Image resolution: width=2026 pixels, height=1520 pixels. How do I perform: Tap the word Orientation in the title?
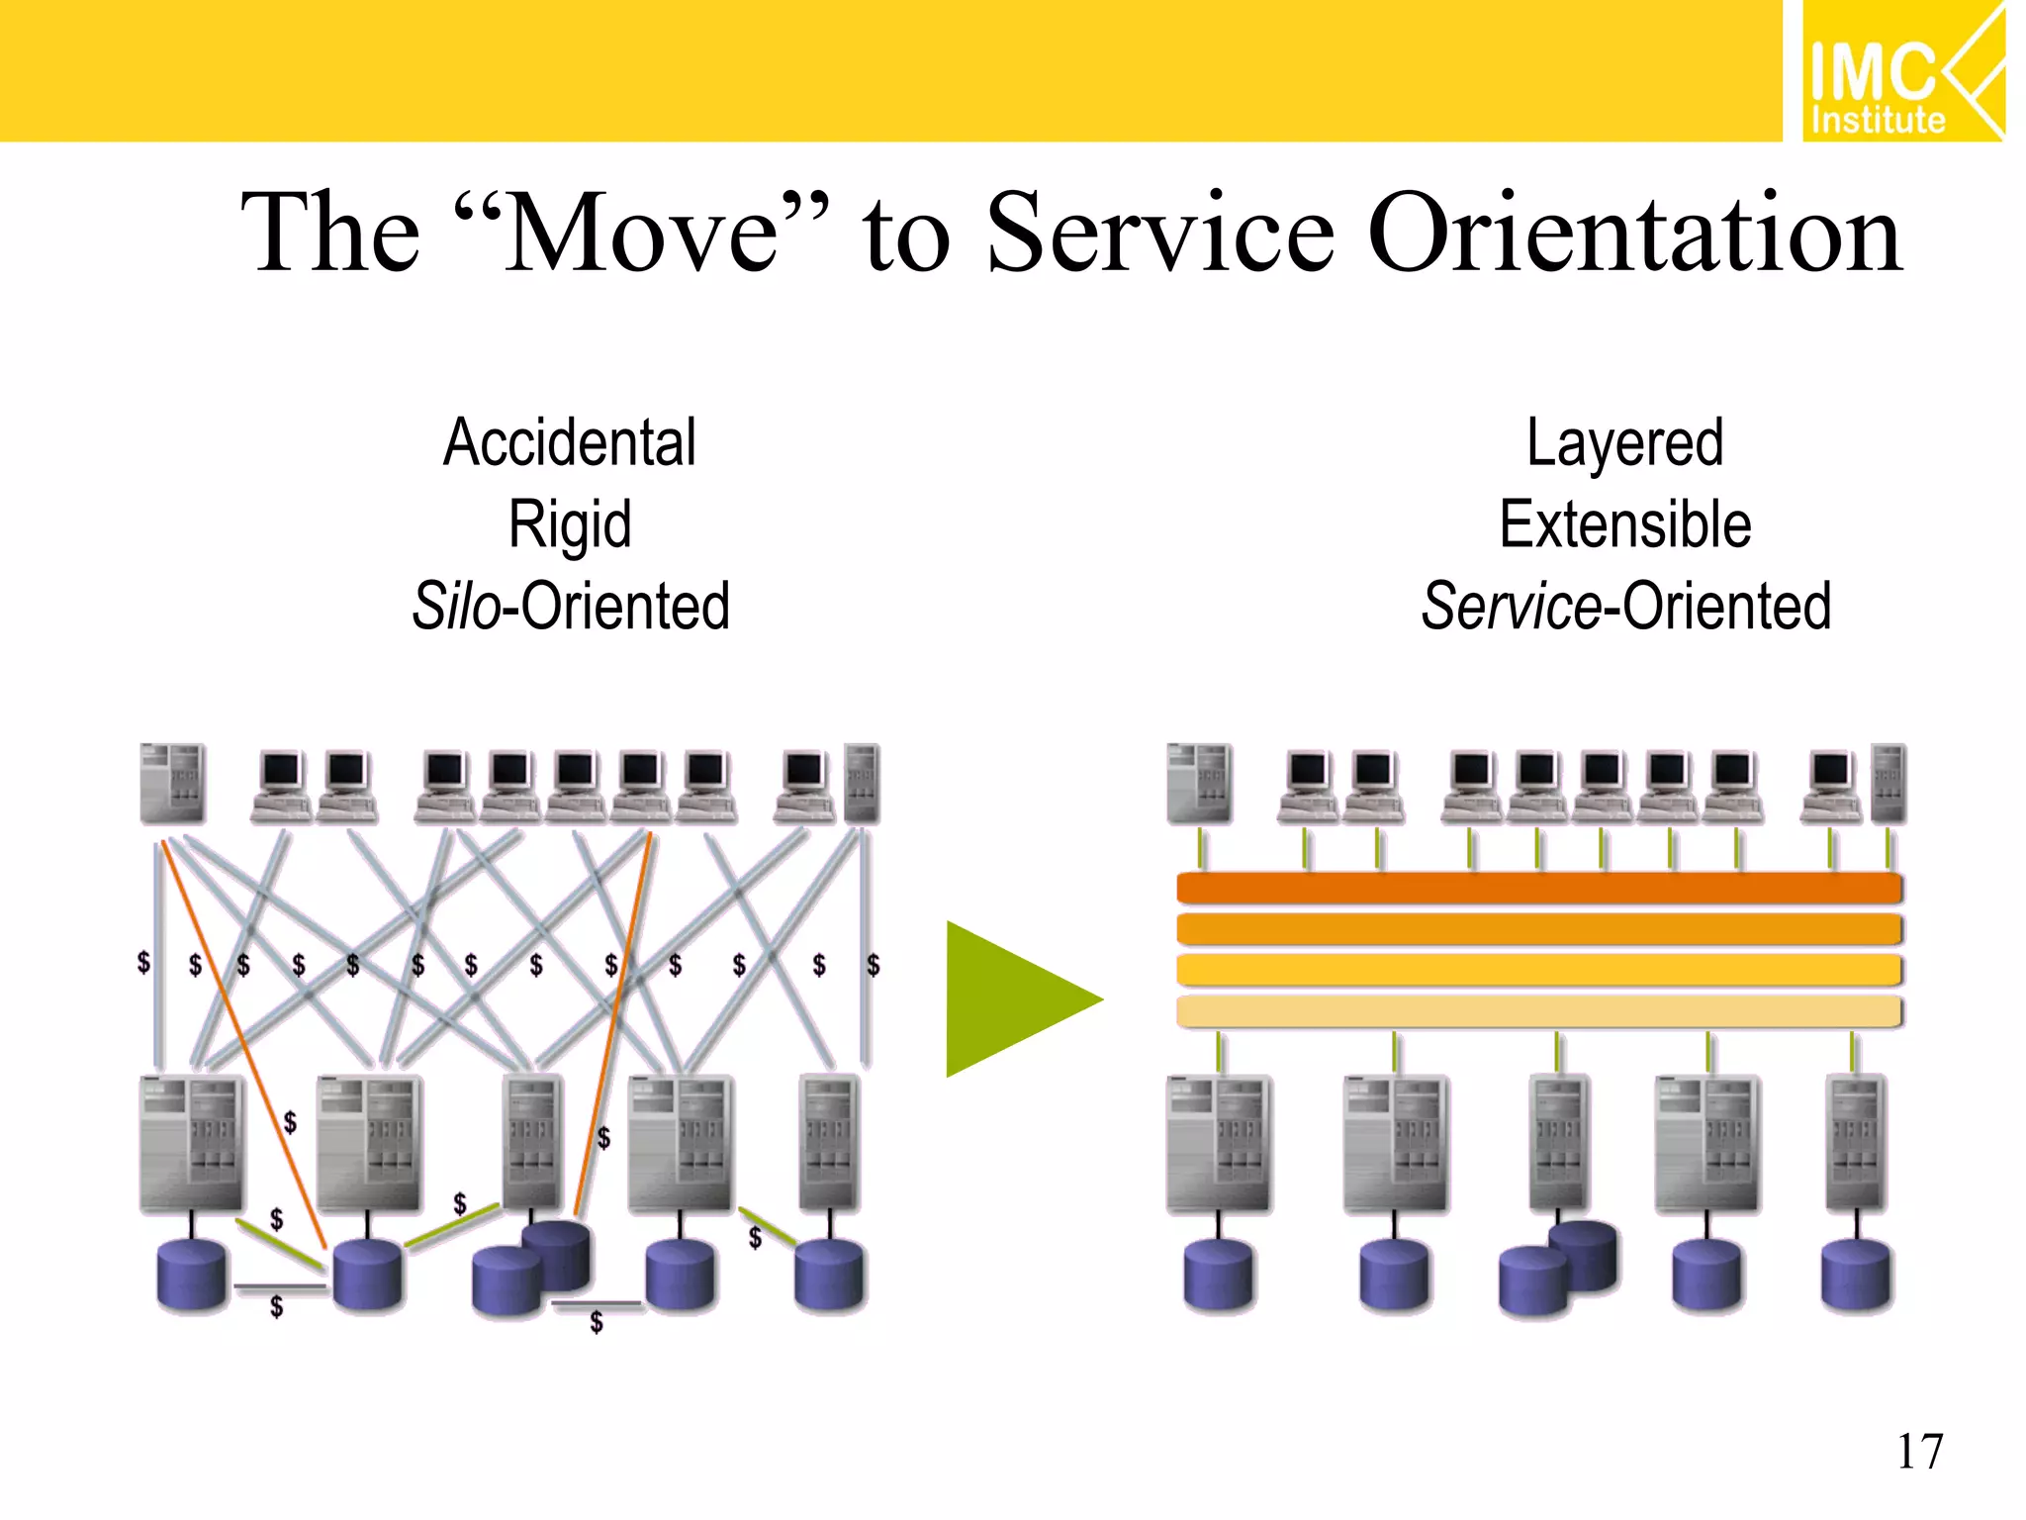point(1637,234)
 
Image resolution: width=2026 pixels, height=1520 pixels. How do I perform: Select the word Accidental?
point(570,442)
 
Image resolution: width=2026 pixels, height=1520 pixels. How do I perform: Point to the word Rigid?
point(570,524)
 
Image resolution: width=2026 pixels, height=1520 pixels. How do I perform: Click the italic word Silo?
point(456,606)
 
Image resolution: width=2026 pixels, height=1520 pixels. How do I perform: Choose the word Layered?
point(1624,442)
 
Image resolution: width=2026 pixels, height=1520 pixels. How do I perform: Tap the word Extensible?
point(1624,524)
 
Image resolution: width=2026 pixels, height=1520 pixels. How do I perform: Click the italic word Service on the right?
point(1511,606)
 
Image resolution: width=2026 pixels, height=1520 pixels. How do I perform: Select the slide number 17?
point(1919,1452)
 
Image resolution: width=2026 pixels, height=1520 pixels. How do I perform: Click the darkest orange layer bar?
point(1538,888)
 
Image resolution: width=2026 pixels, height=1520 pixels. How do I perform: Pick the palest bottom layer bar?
point(1538,1011)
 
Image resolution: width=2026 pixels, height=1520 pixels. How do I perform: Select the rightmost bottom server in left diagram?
point(829,1143)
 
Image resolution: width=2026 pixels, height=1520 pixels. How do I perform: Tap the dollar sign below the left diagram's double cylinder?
point(597,1323)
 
